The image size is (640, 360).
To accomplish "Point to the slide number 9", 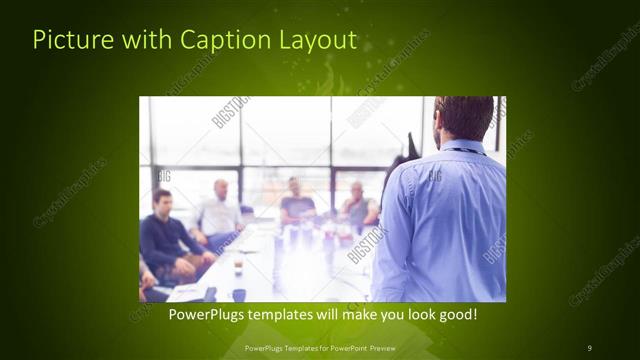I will point(590,347).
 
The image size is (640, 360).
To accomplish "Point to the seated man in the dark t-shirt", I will point(296,204).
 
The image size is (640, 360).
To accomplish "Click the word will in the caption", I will point(347,314).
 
